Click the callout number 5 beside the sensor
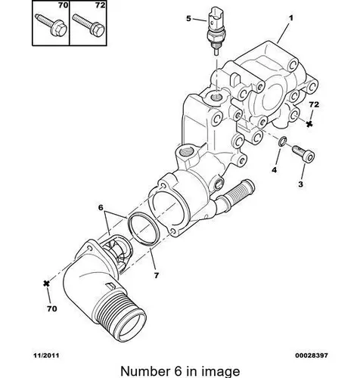(x=188, y=19)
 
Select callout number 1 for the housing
(x=291, y=18)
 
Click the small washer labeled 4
(x=282, y=141)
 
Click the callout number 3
(x=300, y=184)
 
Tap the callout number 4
(x=275, y=170)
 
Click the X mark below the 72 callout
(x=309, y=124)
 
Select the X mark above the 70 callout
(x=46, y=283)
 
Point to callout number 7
(x=157, y=275)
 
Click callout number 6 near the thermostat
(x=101, y=207)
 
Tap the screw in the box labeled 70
(x=51, y=24)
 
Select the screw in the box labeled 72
(x=88, y=24)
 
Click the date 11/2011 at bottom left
(x=46, y=355)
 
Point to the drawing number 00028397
(x=312, y=355)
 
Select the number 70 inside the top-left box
(x=64, y=5)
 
